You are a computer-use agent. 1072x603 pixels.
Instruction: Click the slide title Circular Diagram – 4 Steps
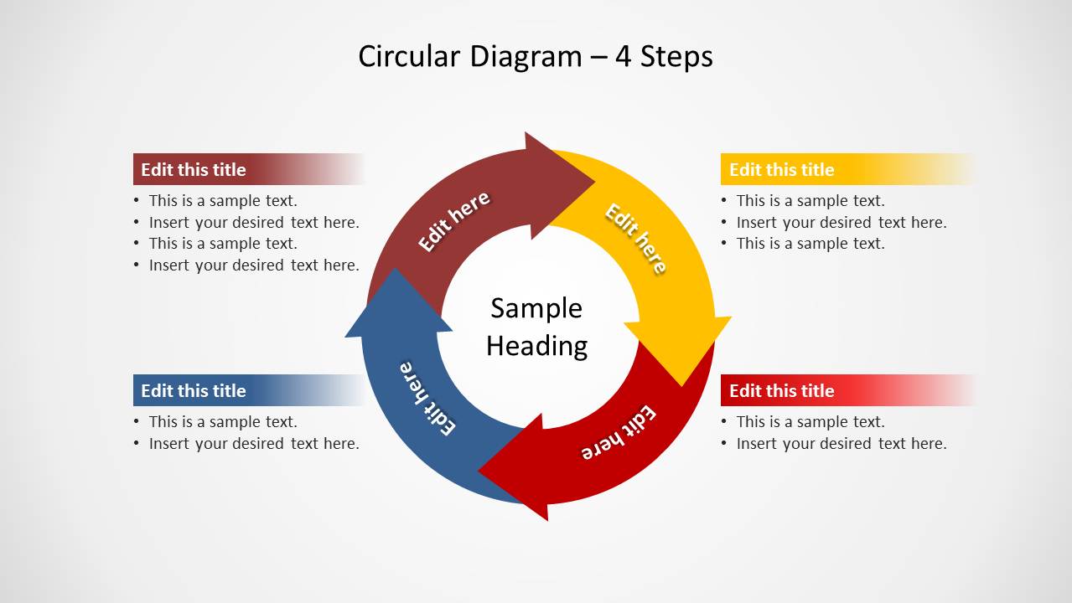(535, 57)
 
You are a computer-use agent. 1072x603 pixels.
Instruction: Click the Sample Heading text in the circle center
(536, 327)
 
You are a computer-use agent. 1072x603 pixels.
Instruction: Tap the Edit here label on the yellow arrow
(636, 239)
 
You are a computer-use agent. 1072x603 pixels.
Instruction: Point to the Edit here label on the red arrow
(619, 433)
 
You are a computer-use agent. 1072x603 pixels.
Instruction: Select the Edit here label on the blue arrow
(427, 398)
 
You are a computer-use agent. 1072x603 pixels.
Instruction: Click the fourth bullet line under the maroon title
(254, 265)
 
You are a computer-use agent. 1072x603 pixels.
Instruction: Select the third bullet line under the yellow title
(810, 244)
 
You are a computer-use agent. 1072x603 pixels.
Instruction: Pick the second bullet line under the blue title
(254, 444)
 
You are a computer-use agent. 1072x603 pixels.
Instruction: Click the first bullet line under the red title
(810, 422)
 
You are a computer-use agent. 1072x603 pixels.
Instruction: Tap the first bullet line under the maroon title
(223, 201)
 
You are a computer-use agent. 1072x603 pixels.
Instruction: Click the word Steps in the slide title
(676, 57)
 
